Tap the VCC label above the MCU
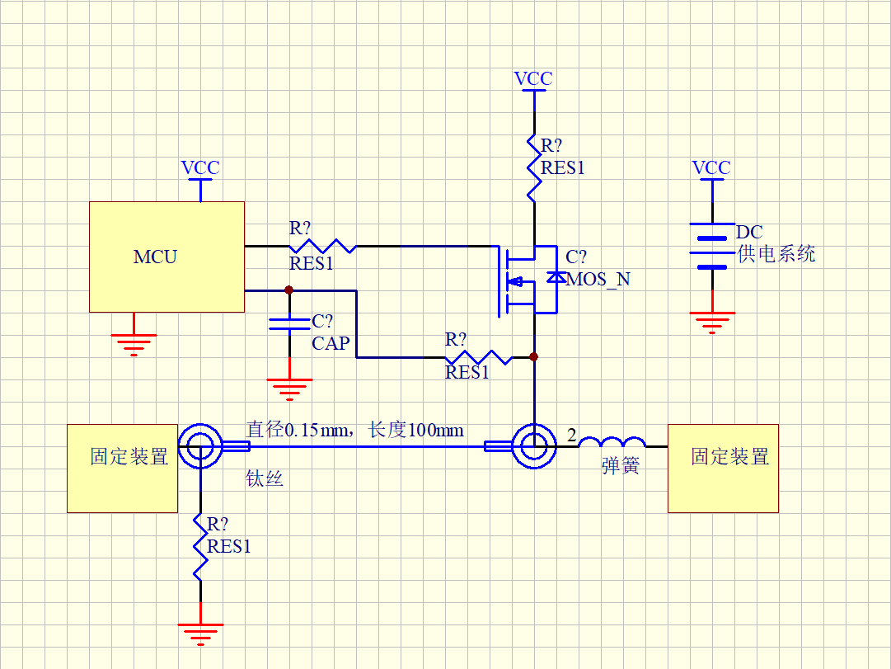pos(200,168)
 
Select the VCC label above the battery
pos(711,168)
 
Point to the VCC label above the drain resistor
pos(533,79)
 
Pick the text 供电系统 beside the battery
pos(776,254)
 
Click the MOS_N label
pos(598,279)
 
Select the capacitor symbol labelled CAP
pos(289,323)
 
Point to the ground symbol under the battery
pos(711,321)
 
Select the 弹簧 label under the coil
pos(621,466)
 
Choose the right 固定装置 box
pos(723,468)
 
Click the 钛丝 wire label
pos(265,478)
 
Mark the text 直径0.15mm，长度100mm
pos(354,430)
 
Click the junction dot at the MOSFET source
pos(533,357)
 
